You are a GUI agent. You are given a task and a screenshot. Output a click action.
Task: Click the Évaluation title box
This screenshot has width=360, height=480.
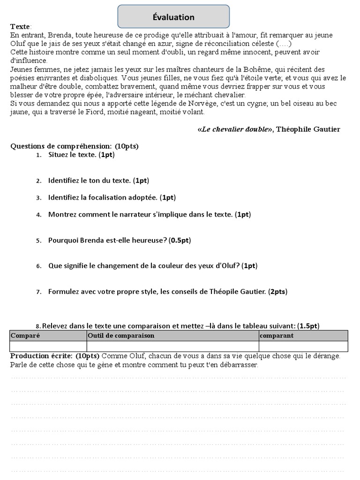pyautogui.click(x=173, y=17)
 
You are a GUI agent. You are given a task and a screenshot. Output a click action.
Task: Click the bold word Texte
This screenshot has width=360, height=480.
pyautogui.click(x=20, y=27)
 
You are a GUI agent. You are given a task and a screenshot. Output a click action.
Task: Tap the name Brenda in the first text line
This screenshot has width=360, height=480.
pyautogui.click(x=56, y=35)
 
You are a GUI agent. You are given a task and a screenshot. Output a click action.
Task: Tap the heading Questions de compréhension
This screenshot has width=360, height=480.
pyautogui.click(x=61, y=146)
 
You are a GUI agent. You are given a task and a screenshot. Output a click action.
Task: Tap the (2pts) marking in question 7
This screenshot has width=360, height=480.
pyautogui.click(x=277, y=292)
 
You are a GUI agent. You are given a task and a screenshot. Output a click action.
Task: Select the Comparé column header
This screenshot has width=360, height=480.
pyautogui.click(x=25, y=336)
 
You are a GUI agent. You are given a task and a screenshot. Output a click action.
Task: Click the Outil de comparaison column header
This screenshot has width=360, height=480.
pyautogui.click(x=121, y=336)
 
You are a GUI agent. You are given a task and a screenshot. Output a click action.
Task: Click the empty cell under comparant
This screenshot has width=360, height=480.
pyautogui.click(x=303, y=346)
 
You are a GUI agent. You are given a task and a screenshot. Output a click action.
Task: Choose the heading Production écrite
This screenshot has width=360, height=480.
pyautogui.click(x=41, y=356)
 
